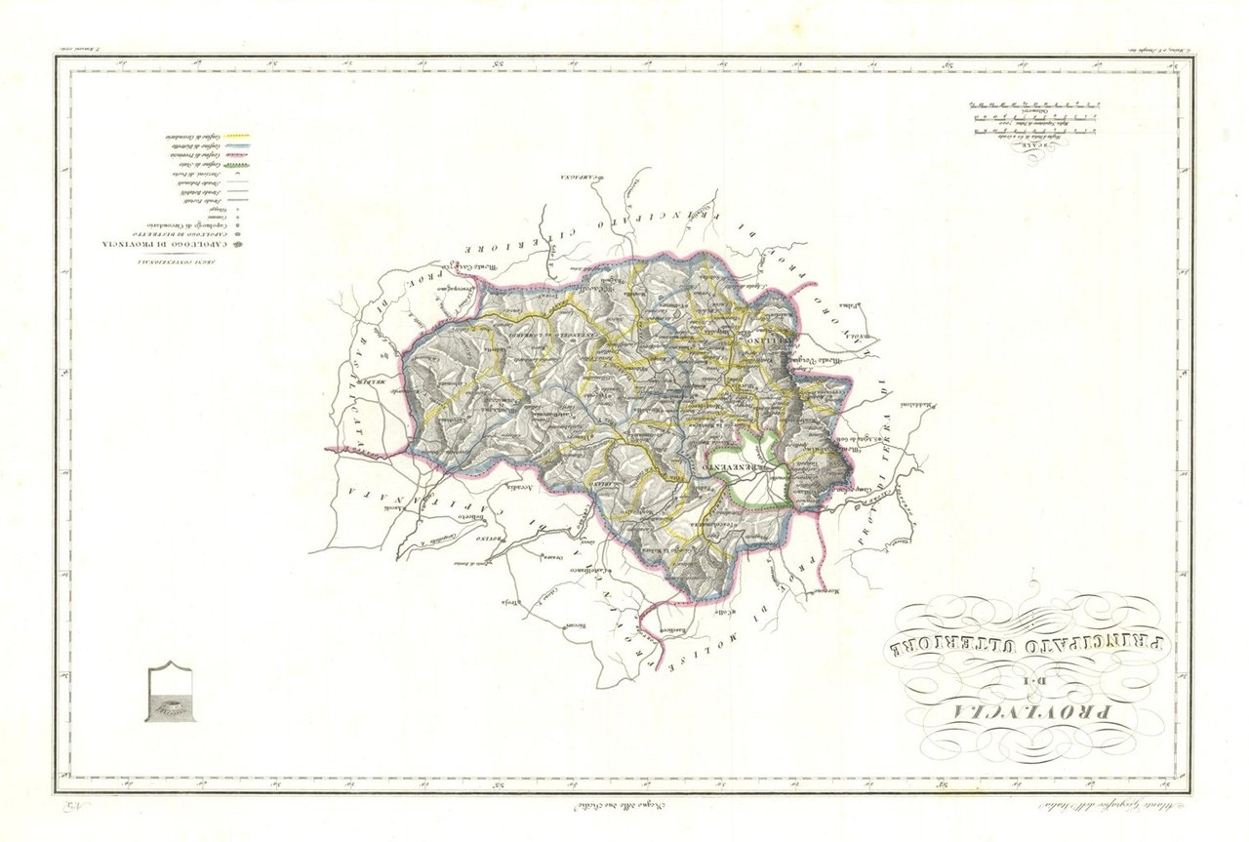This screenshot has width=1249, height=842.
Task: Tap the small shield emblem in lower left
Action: tap(175, 692)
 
